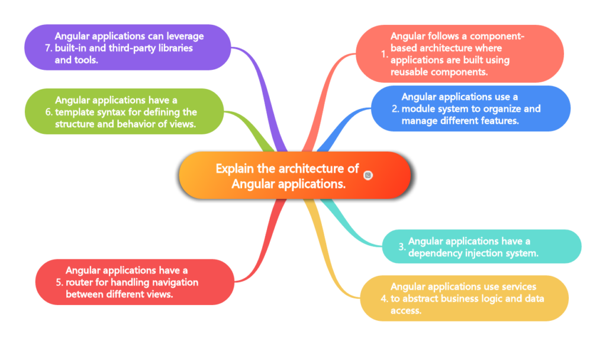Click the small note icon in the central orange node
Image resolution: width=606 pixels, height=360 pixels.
(x=368, y=175)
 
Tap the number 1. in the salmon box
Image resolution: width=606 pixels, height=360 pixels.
(x=384, y=54)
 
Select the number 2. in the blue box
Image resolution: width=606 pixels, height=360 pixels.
(x=395, y=109)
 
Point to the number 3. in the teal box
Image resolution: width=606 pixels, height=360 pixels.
(x=401, y=247)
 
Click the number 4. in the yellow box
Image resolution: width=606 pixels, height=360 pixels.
(x=384, y=298)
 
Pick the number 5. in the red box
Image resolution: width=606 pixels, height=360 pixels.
(x=59, y=282)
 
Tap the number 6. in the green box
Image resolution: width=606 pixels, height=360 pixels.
(x=49, y=112)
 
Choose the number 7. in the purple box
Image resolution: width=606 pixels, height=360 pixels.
(x=49, y=48)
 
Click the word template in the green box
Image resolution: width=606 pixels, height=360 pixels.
(x=78, y=112)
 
